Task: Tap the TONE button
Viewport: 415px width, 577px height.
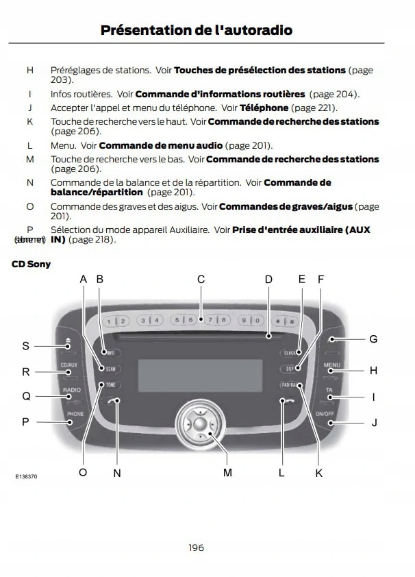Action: coord(110,384)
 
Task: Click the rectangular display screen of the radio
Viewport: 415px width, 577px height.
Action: coord(200,376)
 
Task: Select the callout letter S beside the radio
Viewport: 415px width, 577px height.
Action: coord(26,346)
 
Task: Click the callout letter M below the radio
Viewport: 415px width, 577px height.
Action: coord(227,473)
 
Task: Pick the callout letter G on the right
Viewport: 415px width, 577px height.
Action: coord(373,339)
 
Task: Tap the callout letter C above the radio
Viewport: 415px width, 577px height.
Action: coord(201,279)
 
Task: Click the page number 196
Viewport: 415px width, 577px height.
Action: coord(196,547)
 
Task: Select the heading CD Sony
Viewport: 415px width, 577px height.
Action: coord(31,264)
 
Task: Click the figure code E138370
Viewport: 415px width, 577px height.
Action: coord(26,476)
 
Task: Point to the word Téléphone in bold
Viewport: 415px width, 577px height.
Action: coord(264,108)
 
